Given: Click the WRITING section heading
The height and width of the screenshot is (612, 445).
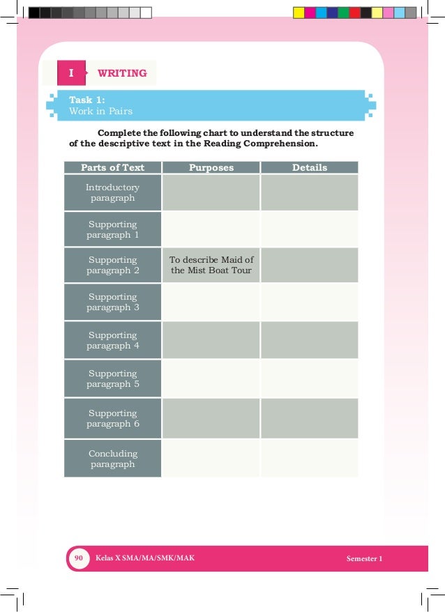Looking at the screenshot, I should pos(122,73).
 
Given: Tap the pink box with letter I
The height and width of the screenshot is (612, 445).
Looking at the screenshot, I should pos(70,73).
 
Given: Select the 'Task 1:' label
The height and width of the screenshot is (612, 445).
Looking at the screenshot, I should pos(87,100).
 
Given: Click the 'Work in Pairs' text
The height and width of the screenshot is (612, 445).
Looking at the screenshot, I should pos(100,111).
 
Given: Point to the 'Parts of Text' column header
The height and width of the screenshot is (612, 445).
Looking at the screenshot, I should pos(112,167).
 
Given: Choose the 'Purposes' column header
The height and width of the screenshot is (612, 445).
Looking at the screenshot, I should pos(211,167).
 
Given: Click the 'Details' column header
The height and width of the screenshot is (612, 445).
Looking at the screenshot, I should pos(309,167).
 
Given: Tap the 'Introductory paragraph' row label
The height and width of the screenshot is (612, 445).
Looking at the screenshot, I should pos(112,193).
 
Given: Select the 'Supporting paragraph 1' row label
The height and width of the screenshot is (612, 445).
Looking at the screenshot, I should pos(112,229).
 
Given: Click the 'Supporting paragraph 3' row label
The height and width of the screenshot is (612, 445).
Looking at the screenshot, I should pos(112,302).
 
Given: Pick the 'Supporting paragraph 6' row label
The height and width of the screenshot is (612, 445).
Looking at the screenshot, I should pos(112,418).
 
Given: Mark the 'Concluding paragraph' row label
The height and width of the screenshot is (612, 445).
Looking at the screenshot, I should pos(112,459).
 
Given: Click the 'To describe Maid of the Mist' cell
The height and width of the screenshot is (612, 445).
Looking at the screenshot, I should pos(211,265).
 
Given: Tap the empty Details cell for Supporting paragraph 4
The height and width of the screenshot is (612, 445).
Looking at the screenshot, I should pos(309,340).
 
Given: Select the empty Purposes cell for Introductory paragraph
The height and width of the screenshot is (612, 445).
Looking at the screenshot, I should pos(211,193).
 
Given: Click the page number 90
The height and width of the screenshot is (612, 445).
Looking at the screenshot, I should pos(79,558).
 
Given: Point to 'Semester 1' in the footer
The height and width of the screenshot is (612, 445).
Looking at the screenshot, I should pos(364,559).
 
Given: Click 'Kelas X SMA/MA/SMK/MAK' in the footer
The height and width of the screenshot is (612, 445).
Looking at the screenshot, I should pos(145,559).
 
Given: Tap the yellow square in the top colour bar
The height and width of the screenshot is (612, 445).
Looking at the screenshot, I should pos(299,13).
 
